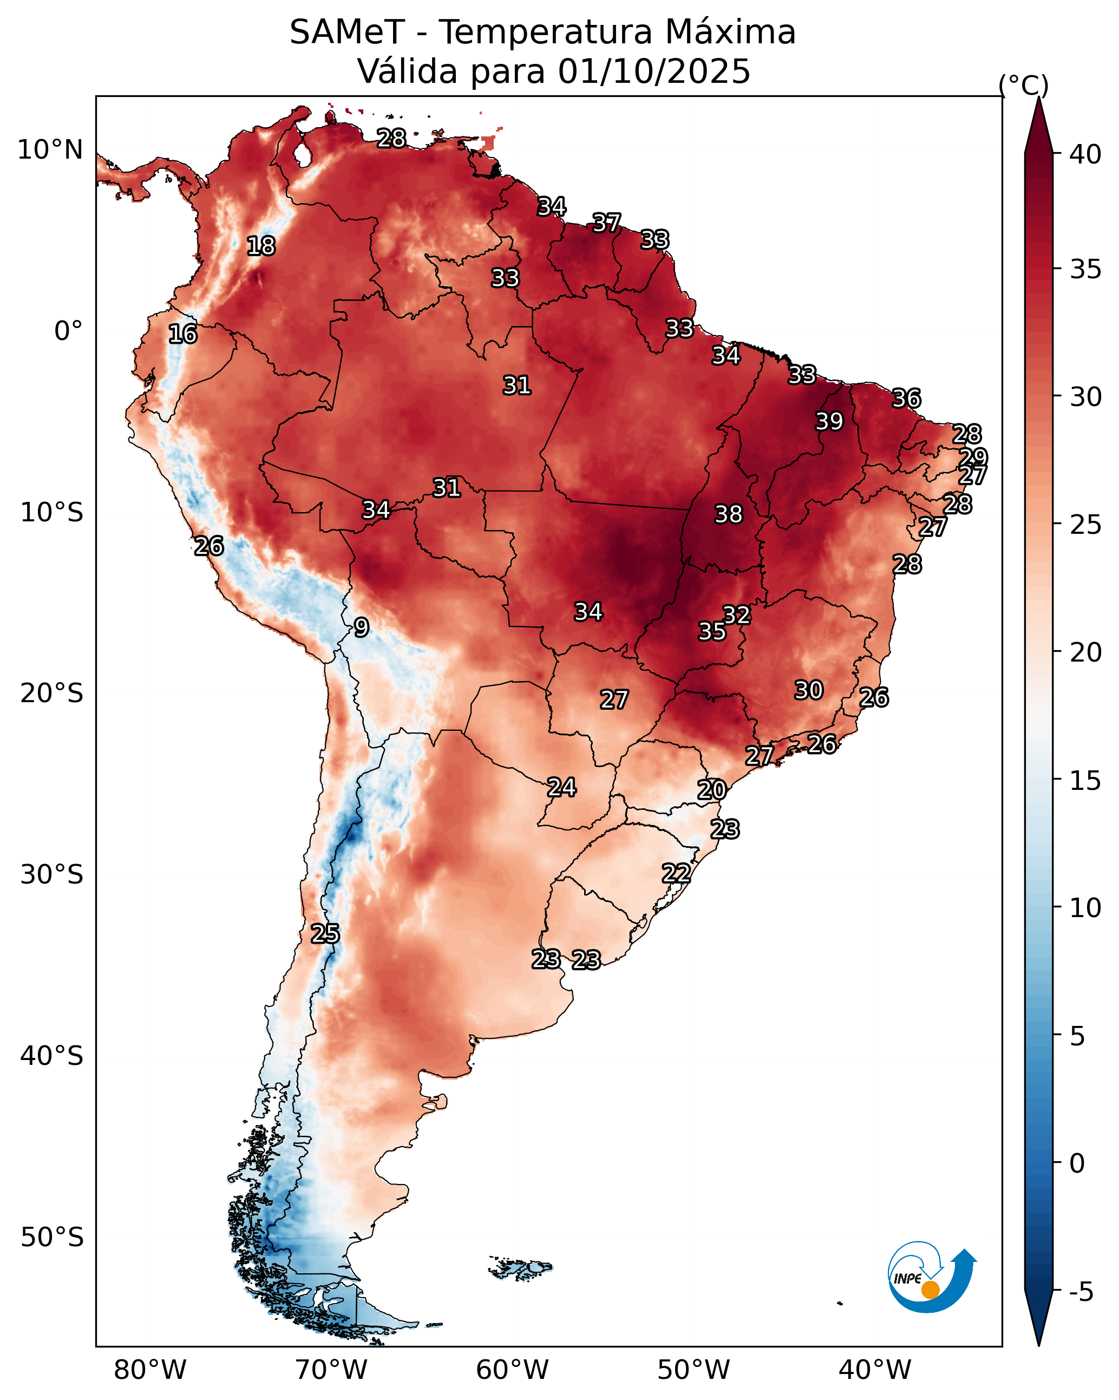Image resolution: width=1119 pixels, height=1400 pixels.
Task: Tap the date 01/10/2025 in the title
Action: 653,71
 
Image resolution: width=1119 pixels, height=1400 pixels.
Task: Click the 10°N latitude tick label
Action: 50,150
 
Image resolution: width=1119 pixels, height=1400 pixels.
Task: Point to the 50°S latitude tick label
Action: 52,1238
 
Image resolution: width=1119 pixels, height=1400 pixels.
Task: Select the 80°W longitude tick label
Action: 150,1371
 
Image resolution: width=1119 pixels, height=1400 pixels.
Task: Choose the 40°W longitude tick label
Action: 875,1371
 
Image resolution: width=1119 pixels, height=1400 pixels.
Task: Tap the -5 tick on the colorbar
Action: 1081,1293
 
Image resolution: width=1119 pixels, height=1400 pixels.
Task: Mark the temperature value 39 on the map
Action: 829,421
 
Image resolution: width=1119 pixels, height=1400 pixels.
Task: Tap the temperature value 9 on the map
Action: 361,627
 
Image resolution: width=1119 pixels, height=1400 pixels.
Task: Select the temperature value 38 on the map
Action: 728,514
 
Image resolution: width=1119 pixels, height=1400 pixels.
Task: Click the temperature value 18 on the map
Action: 261,246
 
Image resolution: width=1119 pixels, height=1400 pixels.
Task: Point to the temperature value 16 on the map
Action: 182,335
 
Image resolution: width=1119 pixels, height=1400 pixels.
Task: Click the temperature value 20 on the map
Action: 712,790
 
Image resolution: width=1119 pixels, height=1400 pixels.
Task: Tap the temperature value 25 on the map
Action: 325,934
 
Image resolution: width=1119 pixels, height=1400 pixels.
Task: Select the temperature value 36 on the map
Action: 906,398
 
